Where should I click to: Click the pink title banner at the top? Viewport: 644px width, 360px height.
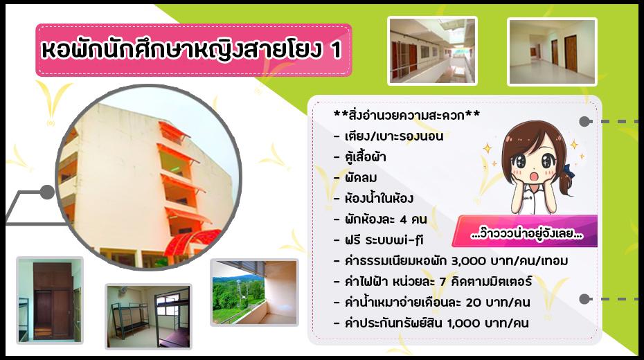coord(193,51)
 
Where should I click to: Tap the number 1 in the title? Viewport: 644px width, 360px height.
coord(337,52)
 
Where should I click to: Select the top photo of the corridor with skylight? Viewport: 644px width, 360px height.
coord(432,51)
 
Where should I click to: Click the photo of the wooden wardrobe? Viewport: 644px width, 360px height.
coord(50,300)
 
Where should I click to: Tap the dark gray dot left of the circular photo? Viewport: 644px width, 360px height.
coord(47,192)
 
